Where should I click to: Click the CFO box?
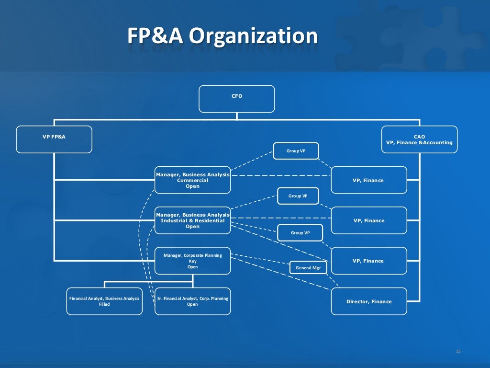(237, 99)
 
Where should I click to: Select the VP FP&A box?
(54, 139)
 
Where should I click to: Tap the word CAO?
(419, 137)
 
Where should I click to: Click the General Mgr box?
(308, 267)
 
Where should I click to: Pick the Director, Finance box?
(369, 301)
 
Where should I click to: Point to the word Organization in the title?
(253, 36)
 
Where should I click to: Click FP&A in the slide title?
(155, 36)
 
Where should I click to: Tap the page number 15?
(458, 351)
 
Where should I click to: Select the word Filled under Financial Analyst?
(104, 304)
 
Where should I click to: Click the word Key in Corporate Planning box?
(192, 261)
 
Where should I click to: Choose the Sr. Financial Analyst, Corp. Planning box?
(192, 301)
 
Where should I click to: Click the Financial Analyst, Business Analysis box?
(104, 301)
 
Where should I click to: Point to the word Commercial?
(192, 181)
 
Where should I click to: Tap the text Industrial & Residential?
(192, 220)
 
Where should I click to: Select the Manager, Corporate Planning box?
(192, 261)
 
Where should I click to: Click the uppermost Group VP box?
(296, 151)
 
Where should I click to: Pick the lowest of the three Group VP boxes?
(300, 232)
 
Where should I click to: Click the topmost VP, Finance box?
(368, 180)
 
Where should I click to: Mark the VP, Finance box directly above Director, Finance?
(368, 261)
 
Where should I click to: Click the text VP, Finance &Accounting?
(419, 142)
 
